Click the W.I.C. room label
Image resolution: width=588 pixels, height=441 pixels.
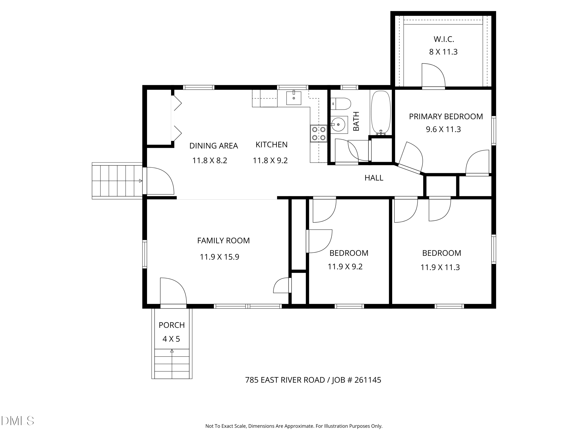tap(444, 39)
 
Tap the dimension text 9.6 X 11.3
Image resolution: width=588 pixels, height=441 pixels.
tap(443, 129)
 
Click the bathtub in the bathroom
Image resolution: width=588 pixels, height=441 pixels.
tap(381, 113)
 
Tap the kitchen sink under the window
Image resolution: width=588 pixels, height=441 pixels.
tap(294, 98)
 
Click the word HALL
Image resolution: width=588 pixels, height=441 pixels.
tap(374, 178)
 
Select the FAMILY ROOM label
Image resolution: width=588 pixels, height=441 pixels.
tap(223, 240)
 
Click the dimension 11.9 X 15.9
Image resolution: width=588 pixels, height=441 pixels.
tap(219, 257)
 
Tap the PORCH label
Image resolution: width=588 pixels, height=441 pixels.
tap(172, 325)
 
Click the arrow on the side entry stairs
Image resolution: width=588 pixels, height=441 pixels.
tap(141, 181)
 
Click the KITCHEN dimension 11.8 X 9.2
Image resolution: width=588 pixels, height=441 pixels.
tap(270, 161)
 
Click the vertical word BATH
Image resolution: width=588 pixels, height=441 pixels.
tap(356, 121)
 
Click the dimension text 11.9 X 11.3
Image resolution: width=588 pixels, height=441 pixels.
tap(440, 267)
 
